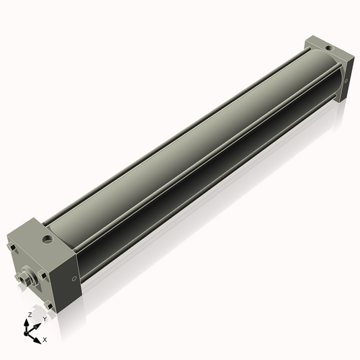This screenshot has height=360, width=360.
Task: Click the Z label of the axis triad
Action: tap(29, 315)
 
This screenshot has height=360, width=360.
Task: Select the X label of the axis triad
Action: tap(45, 338)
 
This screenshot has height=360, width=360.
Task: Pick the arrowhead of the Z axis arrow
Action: tap(29, 322)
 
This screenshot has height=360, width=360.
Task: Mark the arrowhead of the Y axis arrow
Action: tap(37, 325)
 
